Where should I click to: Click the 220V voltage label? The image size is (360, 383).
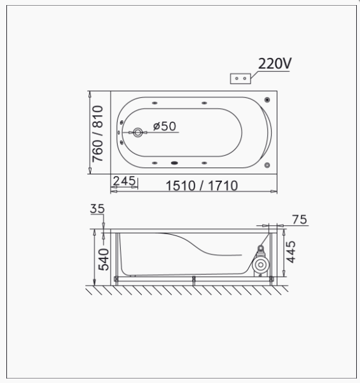(275, 64)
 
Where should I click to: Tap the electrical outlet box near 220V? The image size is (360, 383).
(240, 79)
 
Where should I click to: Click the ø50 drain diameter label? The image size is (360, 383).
(164, 126)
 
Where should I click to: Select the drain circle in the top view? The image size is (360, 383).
(138, 132)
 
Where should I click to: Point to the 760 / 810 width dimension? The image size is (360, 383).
(97, 134)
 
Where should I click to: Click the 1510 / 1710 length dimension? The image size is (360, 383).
(202, 186)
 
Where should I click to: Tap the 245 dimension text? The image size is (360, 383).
(124, 181)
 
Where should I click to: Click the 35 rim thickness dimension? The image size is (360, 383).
(97, 209)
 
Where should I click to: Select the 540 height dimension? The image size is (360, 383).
(104, 260)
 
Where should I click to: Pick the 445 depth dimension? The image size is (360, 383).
(291, 252)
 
